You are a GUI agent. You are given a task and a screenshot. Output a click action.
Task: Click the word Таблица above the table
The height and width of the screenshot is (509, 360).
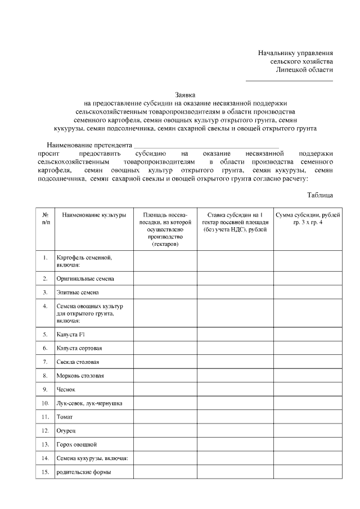[320, 195]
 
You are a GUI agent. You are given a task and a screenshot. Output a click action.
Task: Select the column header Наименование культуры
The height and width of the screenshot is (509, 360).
[94, 215]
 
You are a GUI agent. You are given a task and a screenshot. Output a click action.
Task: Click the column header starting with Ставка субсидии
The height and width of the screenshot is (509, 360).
[235, 222]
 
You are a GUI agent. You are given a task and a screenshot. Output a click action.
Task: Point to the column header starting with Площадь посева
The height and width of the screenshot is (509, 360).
[165, 230]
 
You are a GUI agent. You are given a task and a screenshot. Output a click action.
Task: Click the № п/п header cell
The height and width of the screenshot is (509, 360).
[45, 219]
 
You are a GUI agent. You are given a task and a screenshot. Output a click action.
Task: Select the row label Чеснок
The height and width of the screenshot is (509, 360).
[66, 389]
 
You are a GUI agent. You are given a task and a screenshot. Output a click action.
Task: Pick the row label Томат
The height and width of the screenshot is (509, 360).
[64, 417]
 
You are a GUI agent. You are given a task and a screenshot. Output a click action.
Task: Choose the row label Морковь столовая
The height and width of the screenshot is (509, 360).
[80, 375]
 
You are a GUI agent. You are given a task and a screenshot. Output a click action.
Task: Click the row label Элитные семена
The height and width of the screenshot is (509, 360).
[78, 292]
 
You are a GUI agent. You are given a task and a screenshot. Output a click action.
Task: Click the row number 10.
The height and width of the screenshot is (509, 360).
[45, 403]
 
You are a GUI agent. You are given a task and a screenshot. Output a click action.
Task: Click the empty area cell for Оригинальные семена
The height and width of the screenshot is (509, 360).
[165, 278]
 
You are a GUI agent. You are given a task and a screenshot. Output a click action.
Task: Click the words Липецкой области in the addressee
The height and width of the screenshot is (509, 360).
[304, 70]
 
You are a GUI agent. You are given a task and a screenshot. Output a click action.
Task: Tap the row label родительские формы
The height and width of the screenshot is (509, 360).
[83, 472]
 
